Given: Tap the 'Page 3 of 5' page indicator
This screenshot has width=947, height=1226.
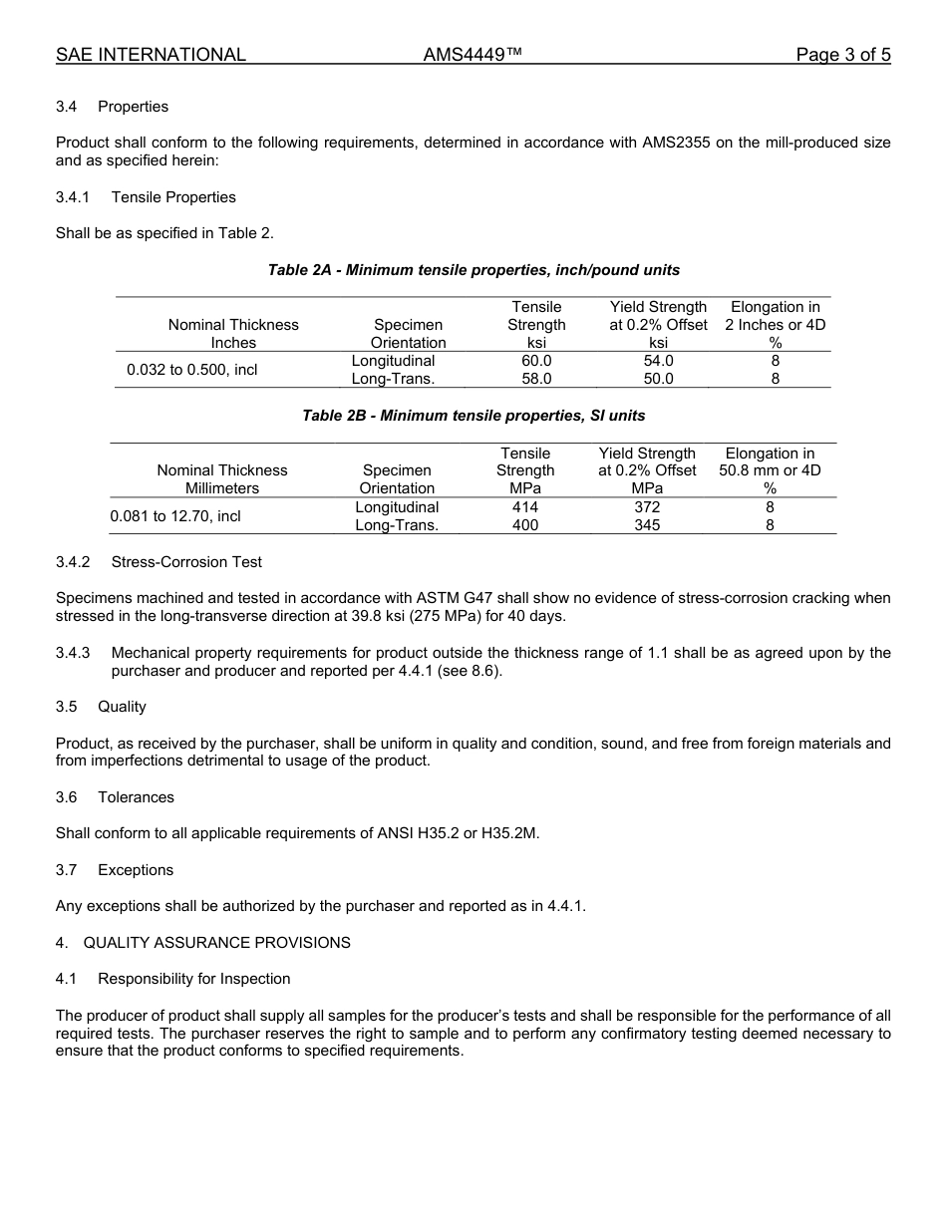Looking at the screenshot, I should (x=842, y=56).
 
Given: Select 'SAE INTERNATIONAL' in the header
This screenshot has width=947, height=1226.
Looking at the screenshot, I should (x=151, y=56).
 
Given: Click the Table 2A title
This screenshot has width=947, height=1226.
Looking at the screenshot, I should (x=473, y=270).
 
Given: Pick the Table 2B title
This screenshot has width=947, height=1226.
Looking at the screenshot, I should (x=473, y=416).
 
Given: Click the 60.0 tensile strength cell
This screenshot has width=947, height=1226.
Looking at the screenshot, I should (x=536, y=361).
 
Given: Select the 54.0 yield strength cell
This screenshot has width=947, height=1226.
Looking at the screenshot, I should (x=658, y=361).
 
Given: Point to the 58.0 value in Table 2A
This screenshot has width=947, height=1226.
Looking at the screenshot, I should (x=536, y=379).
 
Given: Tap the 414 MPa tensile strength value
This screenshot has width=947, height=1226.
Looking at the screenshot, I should (x=525, y=507).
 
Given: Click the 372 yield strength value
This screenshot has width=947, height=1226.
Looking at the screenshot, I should (x=647, y=507).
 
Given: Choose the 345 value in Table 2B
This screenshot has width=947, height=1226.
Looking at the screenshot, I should (x=647, y=525).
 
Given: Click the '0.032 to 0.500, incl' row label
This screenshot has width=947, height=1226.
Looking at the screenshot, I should (x=192, y=370).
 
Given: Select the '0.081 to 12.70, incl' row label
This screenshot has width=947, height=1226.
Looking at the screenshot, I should (x=175, y=516).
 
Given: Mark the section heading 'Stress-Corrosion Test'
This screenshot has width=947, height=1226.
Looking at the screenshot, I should (x=186, y=562).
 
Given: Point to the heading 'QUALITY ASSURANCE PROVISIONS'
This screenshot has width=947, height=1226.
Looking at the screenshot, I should (x=216, y=943).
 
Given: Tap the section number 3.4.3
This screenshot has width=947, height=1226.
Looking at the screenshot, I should (x=73, y=653).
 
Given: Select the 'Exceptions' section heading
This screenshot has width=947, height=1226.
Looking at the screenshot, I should (x=136, y=870).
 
